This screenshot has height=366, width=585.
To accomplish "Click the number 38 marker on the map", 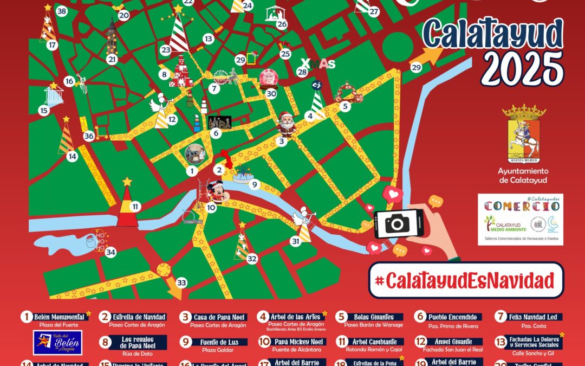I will (61, 11).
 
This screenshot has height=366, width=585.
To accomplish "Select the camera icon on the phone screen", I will (398, 222).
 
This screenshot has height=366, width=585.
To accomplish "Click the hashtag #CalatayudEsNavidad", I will (466, 281).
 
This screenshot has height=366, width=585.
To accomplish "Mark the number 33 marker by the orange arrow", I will (181, 282).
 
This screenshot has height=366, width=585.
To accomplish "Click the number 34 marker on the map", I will (110, 252).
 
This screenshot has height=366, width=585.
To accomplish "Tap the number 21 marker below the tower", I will (112, 59).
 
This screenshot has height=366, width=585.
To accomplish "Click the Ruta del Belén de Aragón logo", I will (57, 343).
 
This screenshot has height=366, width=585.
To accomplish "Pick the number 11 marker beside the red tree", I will (135, 206).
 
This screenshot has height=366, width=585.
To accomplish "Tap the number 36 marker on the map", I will (89, 136).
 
